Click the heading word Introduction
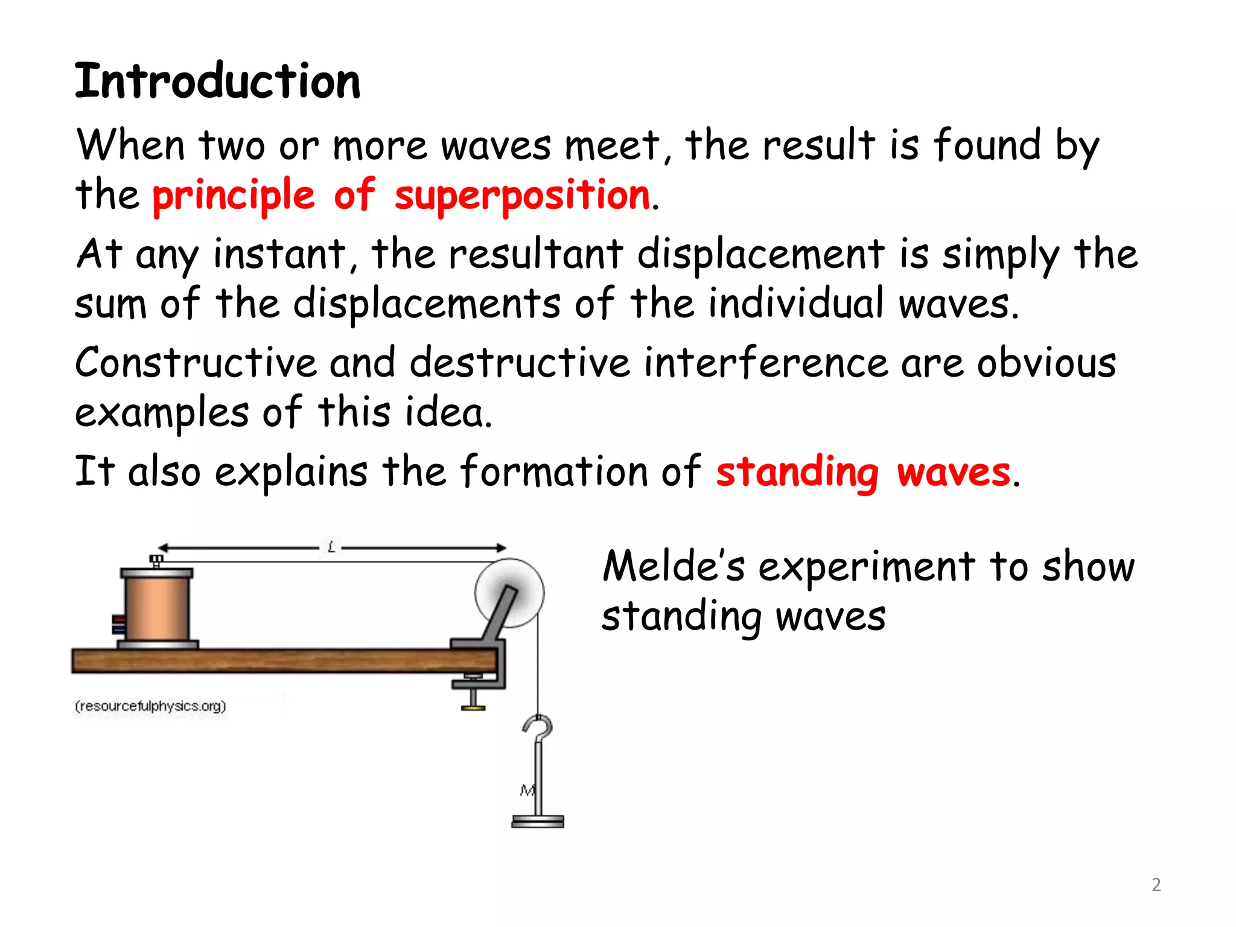(x=217, y=81)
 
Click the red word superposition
(x=522, y=196)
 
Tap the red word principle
(x=234, y=196)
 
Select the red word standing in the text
(x=797, y=473)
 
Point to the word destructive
(x=520, y=363)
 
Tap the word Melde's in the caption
(x=674, y=567)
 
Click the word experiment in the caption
(x=867, y=567)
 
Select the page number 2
(x=1156, y=885)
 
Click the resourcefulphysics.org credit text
(x=150, y=706)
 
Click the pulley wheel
(x=509, y=593)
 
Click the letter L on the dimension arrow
(x=331, y=547)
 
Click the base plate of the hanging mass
(x=538, y=821)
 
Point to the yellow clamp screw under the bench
(x=473, y=706)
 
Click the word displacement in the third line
(x=760, y=255)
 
